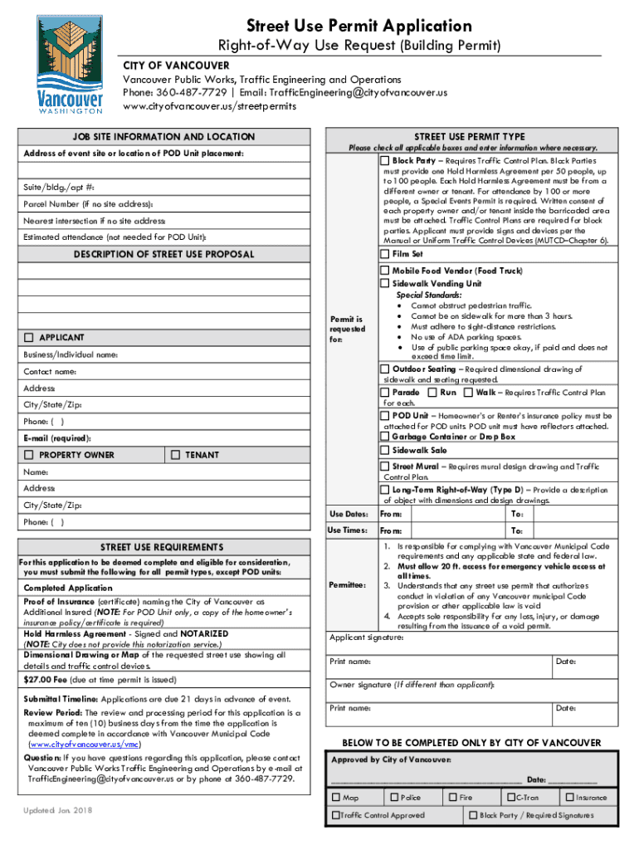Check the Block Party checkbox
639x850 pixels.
tap(385, 159)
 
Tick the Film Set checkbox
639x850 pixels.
tap(385, 254)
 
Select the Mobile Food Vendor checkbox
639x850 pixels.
tap(385, 271)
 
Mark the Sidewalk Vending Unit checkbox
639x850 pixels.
tap(385, 283)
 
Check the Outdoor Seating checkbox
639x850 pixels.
tap(385, 369)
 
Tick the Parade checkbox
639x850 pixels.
tap(385, 392)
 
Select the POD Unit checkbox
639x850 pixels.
tap(385, 415)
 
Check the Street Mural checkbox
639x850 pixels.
tap(385, 467)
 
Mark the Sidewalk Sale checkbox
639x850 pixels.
tap(385, 450)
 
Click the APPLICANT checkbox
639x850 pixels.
tap(29, 338)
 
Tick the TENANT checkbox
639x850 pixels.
tap(174, 455)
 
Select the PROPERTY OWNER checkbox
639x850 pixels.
tap(29, 455)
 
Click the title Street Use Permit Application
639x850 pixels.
tap(359, 26)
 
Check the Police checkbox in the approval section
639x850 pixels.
tap(393, 797)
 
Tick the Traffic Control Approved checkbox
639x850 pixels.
tap(335, 815)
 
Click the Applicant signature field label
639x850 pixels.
tap(367, 637)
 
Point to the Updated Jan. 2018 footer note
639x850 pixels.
tap(59, 808)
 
